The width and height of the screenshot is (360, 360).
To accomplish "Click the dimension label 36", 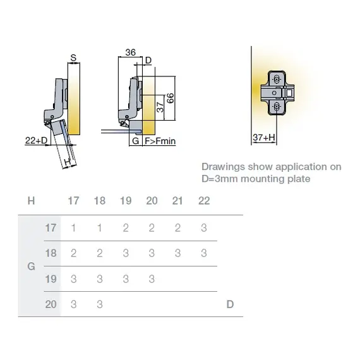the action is pyautogui.click(x=130, y=52).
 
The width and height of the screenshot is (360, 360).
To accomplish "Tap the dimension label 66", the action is pyautogui.click(x=170, y=99).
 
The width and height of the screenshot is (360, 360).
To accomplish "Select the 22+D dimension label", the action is pyautogui.click(x=36, y=140).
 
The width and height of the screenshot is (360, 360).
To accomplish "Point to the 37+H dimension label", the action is pyautogui.click(x=264, y=138).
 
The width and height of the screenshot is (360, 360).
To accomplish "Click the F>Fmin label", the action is pyautogui.click(x=160, y=141).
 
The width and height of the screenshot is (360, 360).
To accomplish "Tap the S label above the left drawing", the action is pyautogui.click(x=73, y=57).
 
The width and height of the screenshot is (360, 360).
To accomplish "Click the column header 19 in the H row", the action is pyautogui.click(x=126, y=201).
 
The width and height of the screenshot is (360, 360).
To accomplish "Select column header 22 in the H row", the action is pyautogui.click(x=204, y=201).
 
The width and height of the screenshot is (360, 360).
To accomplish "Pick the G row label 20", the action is pyautogui.click(x=51, y=304).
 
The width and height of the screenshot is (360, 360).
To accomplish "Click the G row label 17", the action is pyautogui.click(x=51, y=228).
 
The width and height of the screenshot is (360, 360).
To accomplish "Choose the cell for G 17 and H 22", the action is pyautogui.click(x=204, y=228).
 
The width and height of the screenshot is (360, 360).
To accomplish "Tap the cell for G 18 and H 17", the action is pyautogui.click(x=73, y=253).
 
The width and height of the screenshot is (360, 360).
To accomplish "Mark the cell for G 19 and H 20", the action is pyautogui.click(x=152, y=279).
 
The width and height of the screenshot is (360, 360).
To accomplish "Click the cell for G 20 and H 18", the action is pyautogui.click(x=100, y=304).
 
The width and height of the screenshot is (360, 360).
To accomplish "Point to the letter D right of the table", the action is pyautogui.click(x=230, y=304).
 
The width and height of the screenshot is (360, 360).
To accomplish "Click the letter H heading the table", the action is pyautogui.click(x=31, y=201).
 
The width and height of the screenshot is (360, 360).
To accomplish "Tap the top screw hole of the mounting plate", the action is pyautogui.click(x=277, y=80).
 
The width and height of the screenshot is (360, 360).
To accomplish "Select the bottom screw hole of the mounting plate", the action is pyautogui.click(x=277, y=106).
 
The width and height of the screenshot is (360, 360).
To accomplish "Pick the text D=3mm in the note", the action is pyautogui.click(x=220, y=179).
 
